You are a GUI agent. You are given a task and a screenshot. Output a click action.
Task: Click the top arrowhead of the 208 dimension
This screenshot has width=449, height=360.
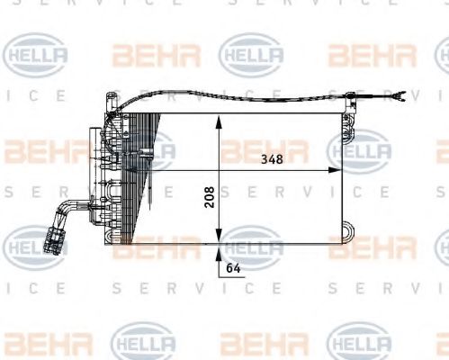click(216, 122)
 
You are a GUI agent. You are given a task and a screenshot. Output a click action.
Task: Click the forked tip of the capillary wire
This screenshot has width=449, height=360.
click(401, 94)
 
